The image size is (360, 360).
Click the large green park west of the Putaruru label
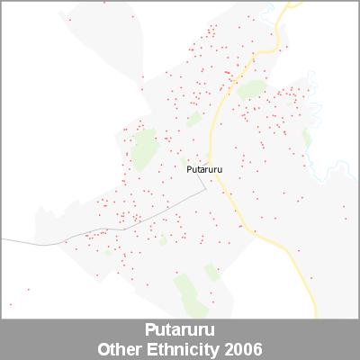[x=144, y=148]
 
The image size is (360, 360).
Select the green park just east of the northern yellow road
[x=252, y=89]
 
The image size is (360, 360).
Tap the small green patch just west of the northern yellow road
[x=193, y=118]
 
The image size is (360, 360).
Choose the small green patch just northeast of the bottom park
[x=211, y=271]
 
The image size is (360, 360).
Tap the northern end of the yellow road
[x=291, y=4]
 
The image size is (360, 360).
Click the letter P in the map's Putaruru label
[x=188, y=168]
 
